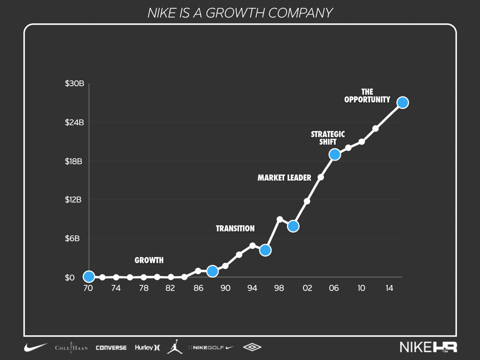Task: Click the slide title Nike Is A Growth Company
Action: pos(240,13)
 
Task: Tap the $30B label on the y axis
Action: pos(74,83)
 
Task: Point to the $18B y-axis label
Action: pos(74,161)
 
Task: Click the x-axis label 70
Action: pos(88,288)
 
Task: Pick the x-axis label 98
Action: pos(279,288)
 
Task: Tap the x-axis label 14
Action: pos(389,288)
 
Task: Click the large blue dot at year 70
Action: pos(88,276)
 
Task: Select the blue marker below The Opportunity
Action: pos(402,102)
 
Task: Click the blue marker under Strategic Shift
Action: pos(334,154)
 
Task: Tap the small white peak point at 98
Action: pos(279,219)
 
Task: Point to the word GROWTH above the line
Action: pos(149,260)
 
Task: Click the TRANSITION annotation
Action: pos(235,228)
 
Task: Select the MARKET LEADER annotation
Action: pos(284,177)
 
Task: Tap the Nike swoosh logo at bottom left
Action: pos(36,347)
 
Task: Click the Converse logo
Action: pos(111,347)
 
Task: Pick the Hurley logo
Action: pos(147,347)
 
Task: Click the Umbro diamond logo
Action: pos(252,347)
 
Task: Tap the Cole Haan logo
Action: pos(71,347)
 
